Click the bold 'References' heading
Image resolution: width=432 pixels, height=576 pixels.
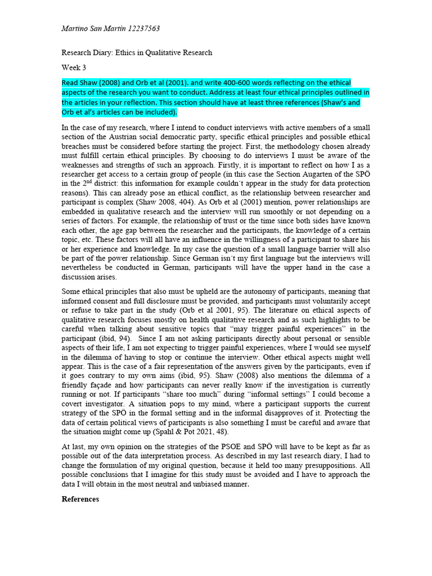[80, 499]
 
